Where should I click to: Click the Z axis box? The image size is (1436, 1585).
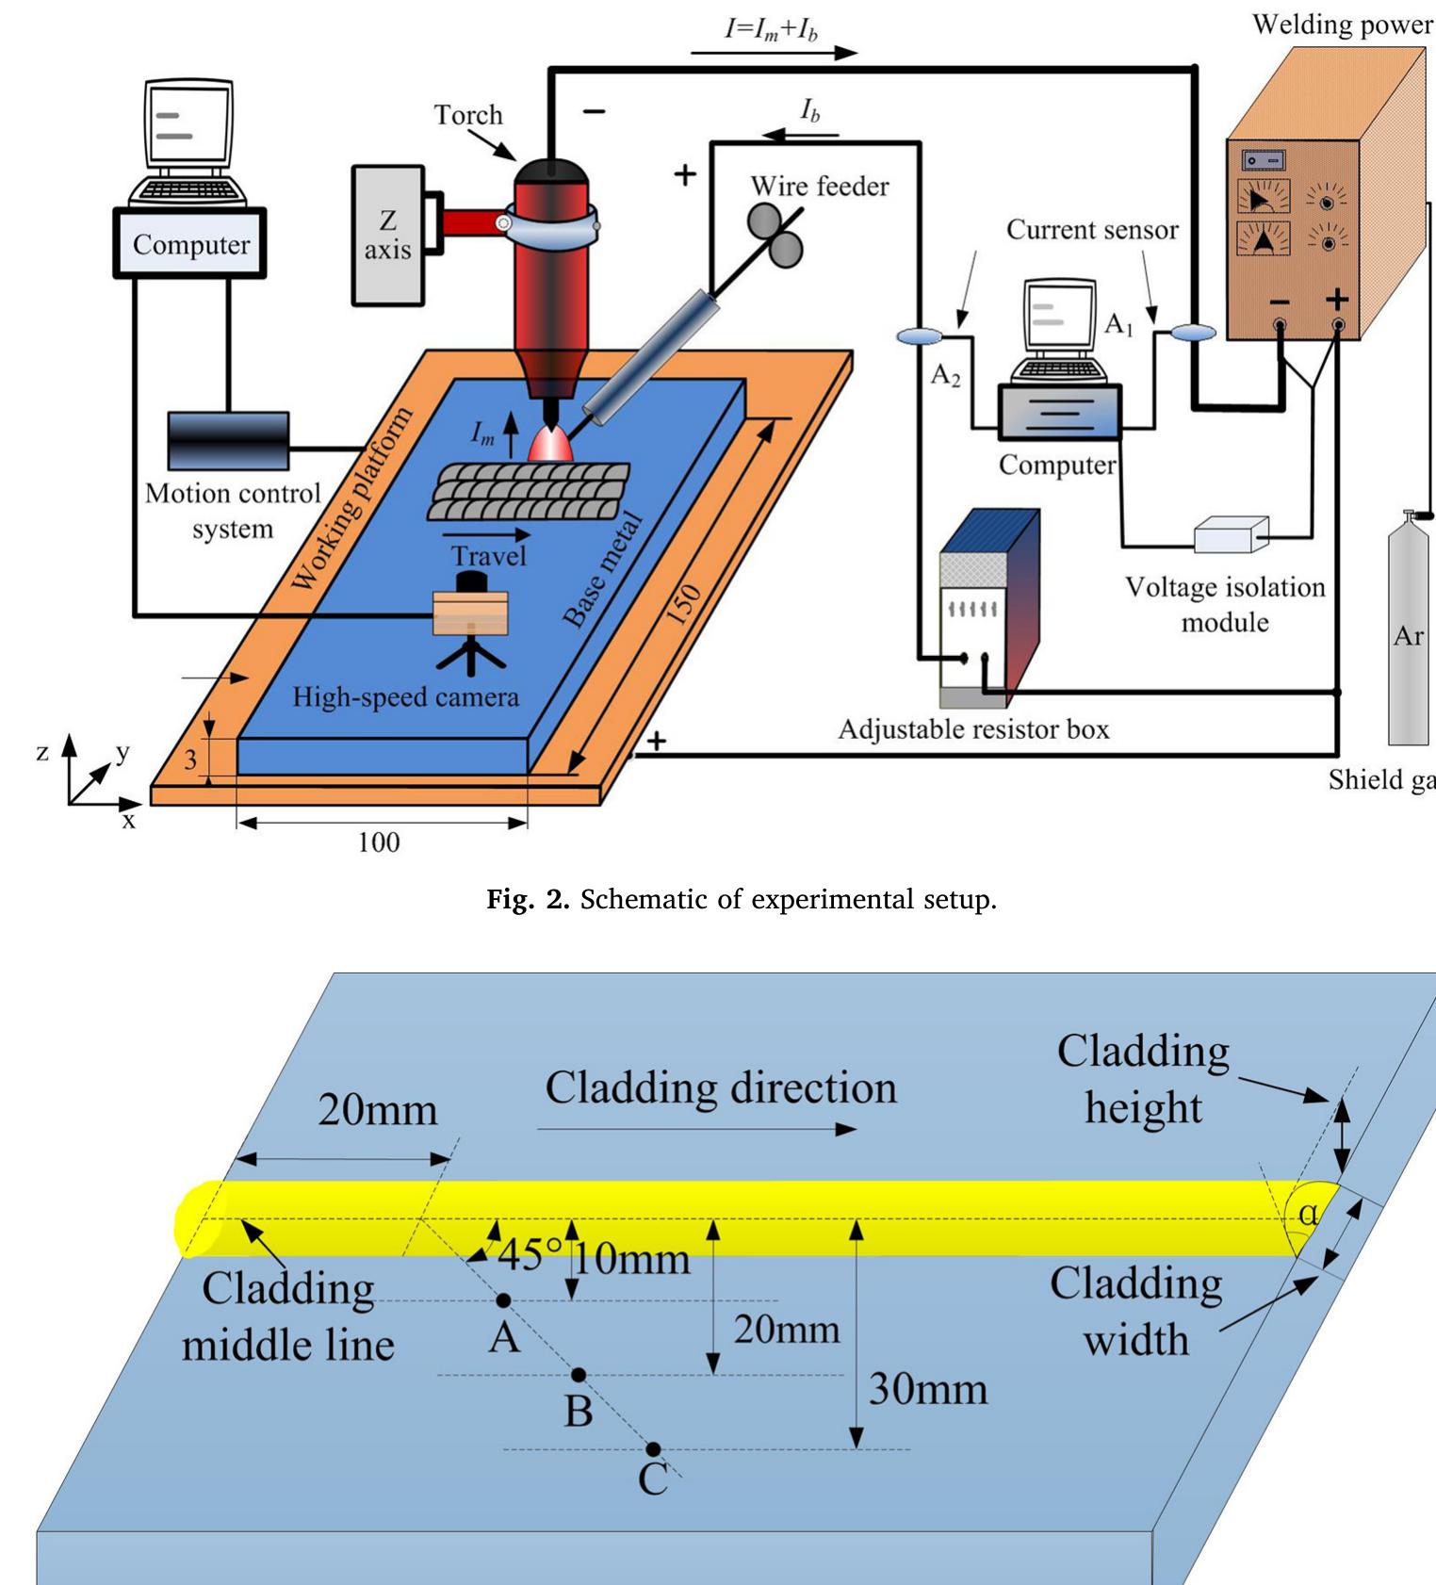point(388,235)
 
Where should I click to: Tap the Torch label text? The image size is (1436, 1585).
point(468,115)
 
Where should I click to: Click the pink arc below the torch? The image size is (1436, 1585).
point(551,444)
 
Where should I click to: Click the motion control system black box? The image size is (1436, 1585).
point(228,440)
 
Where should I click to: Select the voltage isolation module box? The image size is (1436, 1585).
point(1231,534)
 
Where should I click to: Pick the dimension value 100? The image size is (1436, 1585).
point(379,842)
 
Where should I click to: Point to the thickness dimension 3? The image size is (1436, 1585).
point(191,760)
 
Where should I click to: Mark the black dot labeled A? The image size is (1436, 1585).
point(504,1300)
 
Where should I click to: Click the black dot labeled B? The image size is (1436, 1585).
point(579,1375)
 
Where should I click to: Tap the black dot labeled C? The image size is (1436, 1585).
point(653,1449)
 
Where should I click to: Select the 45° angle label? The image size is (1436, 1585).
point(530,1255)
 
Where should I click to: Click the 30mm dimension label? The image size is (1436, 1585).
point(927,1389)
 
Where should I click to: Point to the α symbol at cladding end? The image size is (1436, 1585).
point(1308,1214)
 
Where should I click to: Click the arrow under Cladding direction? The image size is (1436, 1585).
point(697,1129)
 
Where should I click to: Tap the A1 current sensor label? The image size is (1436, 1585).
point(1118,325)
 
